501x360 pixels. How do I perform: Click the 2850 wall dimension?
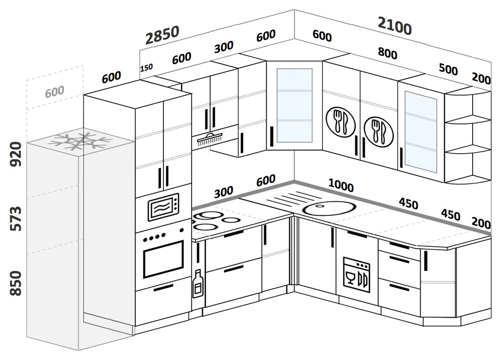162,35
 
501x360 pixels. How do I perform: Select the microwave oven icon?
163,207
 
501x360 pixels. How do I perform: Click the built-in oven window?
163,259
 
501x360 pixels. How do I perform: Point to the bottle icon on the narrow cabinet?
198,284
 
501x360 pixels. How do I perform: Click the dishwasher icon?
356,274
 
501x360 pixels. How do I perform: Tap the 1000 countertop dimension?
341,186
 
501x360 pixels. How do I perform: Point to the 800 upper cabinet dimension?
387,54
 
